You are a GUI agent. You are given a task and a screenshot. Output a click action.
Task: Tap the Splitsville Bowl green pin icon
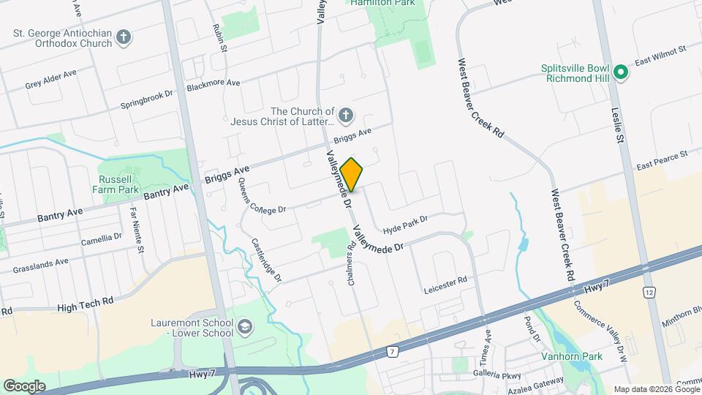click(x=621, y=72)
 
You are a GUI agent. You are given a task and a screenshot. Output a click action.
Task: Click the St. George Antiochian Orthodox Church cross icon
click(x=124, y=37)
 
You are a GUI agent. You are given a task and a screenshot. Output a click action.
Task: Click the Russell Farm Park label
click(x=118, y=184)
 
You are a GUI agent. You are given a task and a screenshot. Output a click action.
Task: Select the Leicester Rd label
click(x=445, y=285)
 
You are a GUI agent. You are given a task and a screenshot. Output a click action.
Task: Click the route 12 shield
click(x=648, y=293)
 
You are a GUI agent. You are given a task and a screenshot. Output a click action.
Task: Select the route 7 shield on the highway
click(x=393, y=352)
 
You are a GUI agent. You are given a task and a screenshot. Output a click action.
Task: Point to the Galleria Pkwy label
click(x=497, y=375)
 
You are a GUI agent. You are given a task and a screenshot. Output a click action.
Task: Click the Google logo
click(x=24, y=385)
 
